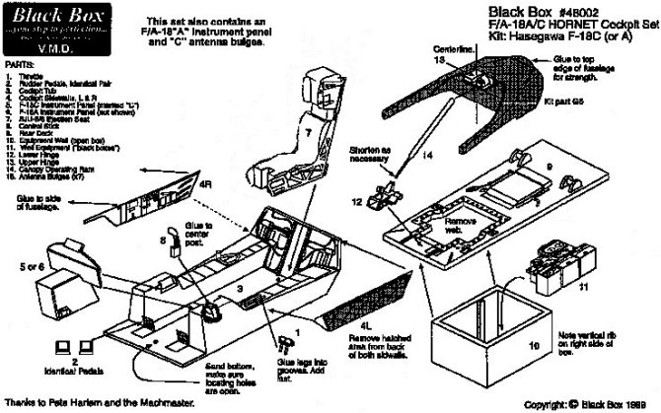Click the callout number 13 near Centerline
pos(466,61)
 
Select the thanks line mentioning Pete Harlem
pos(99,403)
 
